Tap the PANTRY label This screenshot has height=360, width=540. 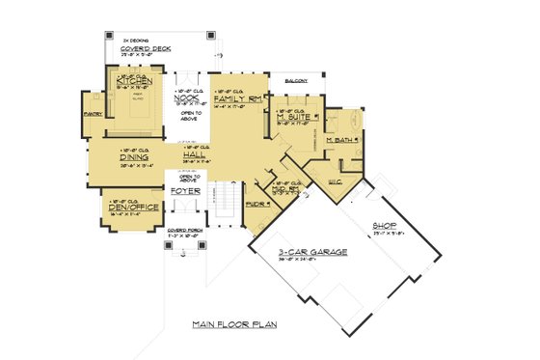point(94,113)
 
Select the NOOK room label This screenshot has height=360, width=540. point(186,97)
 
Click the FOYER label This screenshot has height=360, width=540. point(186,191)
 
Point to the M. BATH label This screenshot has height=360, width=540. point(341,142)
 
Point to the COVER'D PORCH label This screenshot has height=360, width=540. point(183,231)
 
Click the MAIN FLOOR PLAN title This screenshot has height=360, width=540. point(233,324)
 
